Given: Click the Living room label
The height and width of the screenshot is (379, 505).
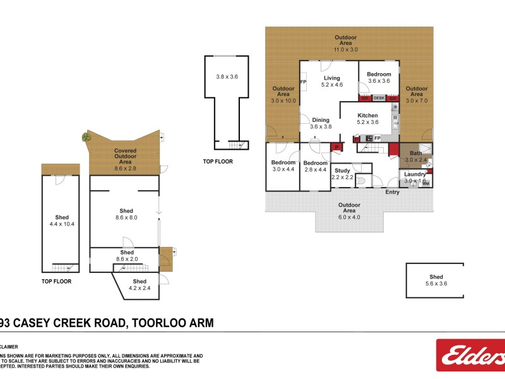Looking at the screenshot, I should click(x=331, y=78).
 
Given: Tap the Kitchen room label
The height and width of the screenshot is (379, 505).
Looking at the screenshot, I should click(x=368, y=116).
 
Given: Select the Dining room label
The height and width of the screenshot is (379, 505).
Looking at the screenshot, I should click(x=321, y=119).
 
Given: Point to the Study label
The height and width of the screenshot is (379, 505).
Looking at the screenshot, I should click(x=342, y=171).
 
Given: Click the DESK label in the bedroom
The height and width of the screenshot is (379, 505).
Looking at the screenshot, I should click(x=379, y=98).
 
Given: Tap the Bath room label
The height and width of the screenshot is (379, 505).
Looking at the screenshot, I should click(x=415, y=153).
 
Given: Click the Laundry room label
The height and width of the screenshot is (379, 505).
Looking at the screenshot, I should click(x=415, y=174).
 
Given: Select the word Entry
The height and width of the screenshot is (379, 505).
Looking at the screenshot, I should click(x=392, y=192).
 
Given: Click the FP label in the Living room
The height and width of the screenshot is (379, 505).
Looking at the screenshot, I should click(x=303, y=82).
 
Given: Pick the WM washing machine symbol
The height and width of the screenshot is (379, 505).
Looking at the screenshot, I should click(x=426, y=184).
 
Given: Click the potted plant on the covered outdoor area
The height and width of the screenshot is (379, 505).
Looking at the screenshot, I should click(x=85, y=136).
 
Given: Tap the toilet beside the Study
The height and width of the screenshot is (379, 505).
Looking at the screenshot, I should click(x=361, y=183).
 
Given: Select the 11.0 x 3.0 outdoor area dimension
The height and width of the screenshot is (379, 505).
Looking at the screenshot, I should click(x=345, y=49).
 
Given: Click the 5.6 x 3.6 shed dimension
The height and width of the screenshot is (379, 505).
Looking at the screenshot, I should click(x=436, y=284).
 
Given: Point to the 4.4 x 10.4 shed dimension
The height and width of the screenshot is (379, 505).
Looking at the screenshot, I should click(x=62, y=224).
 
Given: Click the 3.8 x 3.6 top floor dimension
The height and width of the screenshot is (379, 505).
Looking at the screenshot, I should click(x=227, y=76).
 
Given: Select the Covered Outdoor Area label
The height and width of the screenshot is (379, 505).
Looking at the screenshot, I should click(x=125, y=157).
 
